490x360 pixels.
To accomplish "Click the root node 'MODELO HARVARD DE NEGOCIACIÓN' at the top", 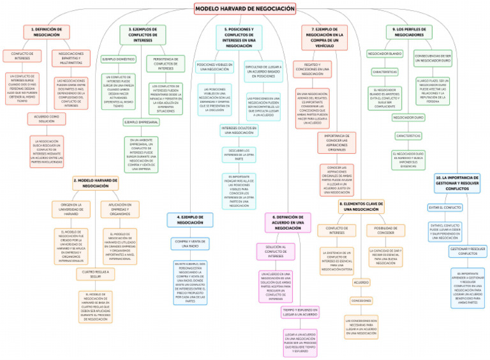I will (x=245, y=8).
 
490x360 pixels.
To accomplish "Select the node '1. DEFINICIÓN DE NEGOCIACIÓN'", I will (x=47, y=32).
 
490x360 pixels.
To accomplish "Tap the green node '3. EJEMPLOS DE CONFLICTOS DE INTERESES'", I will (x=143, y=34).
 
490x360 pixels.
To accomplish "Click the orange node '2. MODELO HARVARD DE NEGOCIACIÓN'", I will (x=95, y=183).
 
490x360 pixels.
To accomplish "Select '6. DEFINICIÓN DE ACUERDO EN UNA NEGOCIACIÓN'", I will (x=288, y=223).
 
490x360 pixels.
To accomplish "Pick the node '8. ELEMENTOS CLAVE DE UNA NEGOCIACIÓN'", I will (x=362, y=206).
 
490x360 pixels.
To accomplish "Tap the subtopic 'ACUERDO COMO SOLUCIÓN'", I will (x=46, y=119).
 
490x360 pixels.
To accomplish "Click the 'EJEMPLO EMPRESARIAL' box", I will (x=142, y=121).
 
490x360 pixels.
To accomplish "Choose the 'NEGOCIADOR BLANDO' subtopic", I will (x=385, y=53).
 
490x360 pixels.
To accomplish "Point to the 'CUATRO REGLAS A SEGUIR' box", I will (x=94, y=275).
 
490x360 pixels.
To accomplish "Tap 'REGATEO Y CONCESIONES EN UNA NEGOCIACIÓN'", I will (x=312, y=68).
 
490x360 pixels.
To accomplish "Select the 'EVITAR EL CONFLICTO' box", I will (x=445, y=207).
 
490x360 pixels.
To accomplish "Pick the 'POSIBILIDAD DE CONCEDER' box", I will (x=385, y=229).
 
